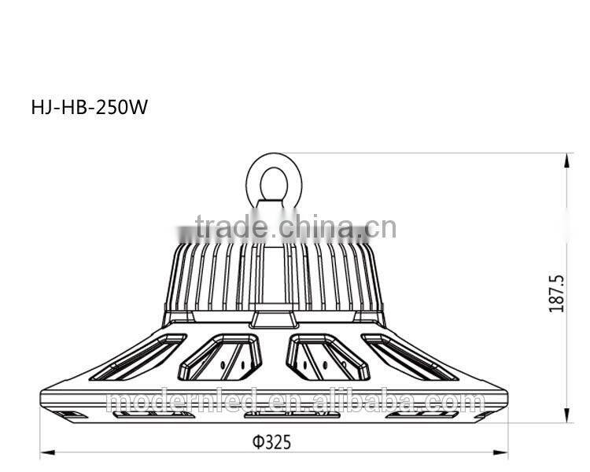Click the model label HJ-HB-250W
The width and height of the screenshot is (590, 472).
[89, 108]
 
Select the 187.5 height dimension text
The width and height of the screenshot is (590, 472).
[557, 293]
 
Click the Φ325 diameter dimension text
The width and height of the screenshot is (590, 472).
[272, 442]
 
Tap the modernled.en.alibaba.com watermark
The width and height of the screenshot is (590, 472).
[295, 403]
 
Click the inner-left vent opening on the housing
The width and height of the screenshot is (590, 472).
[219, 356]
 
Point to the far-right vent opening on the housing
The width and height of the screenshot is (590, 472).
[409, 357]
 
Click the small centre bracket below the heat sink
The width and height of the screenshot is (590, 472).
[273, 319]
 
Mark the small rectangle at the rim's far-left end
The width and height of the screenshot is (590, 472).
[71, 413]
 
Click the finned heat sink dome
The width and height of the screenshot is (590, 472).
[273, 275]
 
